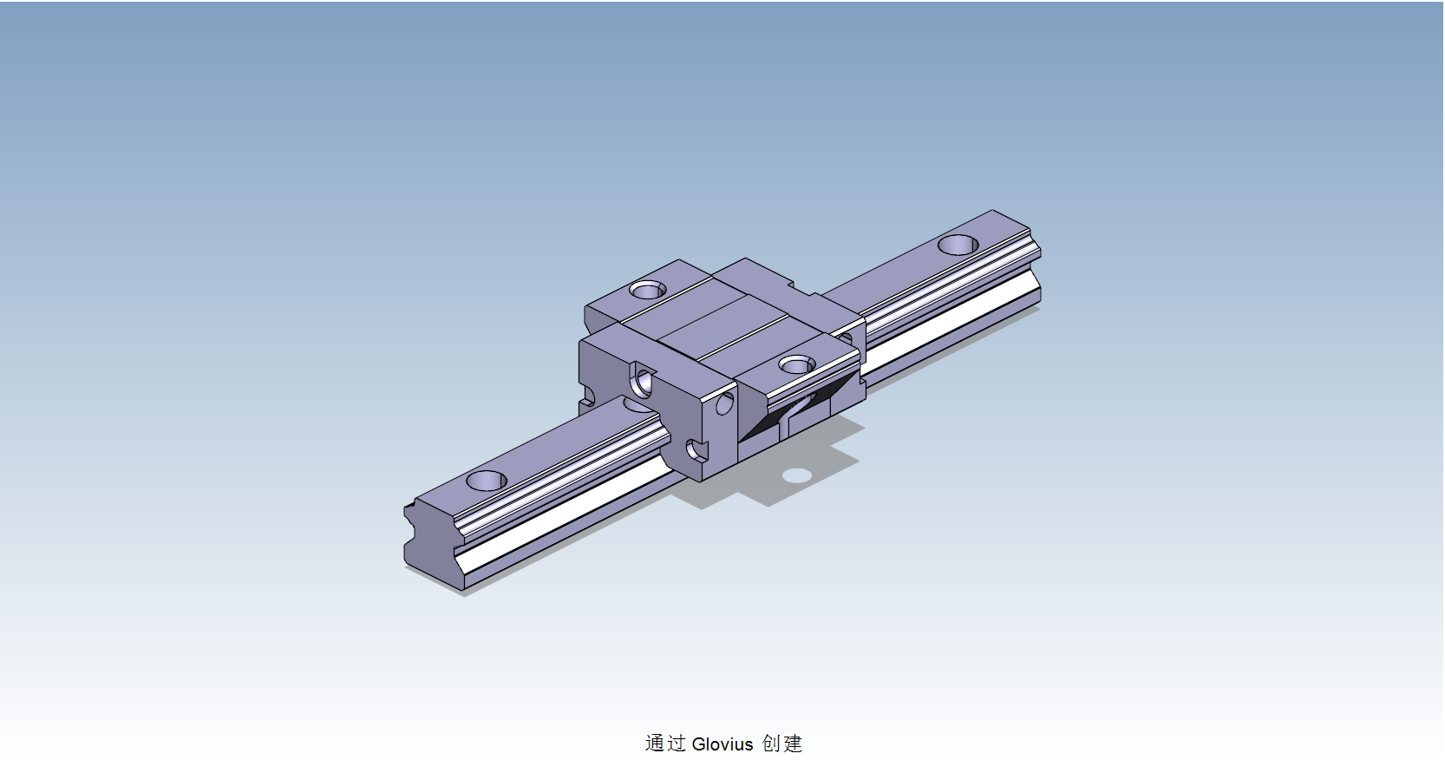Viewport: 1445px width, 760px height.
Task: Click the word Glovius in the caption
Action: [x=722, y=744]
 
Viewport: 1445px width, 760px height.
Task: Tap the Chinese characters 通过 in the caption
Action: [x=665, y=744]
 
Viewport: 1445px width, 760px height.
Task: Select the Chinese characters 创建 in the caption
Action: [x=782, y=744]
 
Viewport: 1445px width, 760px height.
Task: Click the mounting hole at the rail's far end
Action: [x=958, y=245]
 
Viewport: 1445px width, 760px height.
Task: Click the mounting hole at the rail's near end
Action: [x=486, y=480]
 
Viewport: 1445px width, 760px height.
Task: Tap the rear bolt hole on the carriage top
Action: [x=647, y=290]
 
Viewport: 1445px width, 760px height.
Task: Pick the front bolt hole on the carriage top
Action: [x=796, y=365]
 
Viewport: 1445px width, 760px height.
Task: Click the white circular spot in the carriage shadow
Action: [x=796, y=475]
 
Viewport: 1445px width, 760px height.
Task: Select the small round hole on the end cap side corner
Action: [x=724, y=403]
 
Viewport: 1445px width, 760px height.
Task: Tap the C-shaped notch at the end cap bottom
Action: [x=696, y=449]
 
